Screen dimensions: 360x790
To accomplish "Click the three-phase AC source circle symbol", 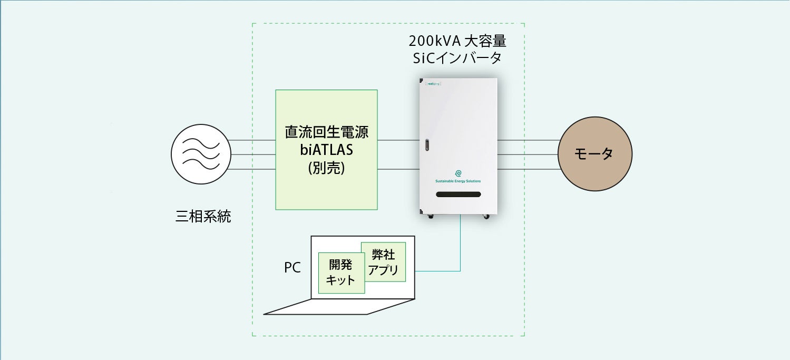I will click(x=201, y=155).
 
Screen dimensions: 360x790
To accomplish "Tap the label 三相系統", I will click(x=203, y=216).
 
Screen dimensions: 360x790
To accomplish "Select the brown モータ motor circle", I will click(x=595, y=154).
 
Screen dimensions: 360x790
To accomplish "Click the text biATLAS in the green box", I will click(x=326, y=150).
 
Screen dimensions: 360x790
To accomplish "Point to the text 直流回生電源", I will click(x=326, y=132).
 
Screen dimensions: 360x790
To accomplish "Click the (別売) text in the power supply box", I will click(x=326, y=168).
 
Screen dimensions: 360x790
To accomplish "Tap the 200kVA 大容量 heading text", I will click(x=457, y=41).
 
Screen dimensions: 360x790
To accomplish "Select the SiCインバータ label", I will click(x=457, y=58).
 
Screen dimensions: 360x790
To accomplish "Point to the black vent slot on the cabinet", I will click(x=459, y=194).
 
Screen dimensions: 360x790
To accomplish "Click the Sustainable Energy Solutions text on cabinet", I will click(x=458, y=181).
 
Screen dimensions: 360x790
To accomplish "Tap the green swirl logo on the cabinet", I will click(x=458, y=173).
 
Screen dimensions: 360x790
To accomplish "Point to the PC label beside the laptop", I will click(x=292, y=268).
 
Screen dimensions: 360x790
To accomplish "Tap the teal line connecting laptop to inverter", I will click(x=460, y=248).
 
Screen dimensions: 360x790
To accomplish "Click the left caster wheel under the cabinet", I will click(x=431, y=215).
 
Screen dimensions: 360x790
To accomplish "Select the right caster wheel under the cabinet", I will click(x=486, y=215).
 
